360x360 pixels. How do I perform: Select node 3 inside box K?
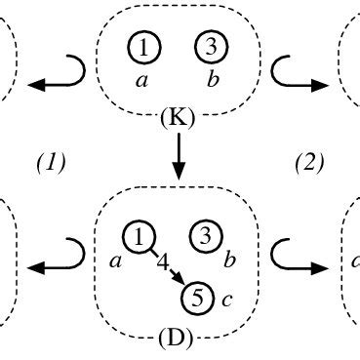click(210, 46)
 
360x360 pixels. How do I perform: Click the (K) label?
click(179, 119)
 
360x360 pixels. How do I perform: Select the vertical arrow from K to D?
click(179, 155)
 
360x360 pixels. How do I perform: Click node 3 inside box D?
click(205, 235)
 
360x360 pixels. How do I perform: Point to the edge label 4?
click(164, 260)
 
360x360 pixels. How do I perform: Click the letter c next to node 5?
click(226, 298)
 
